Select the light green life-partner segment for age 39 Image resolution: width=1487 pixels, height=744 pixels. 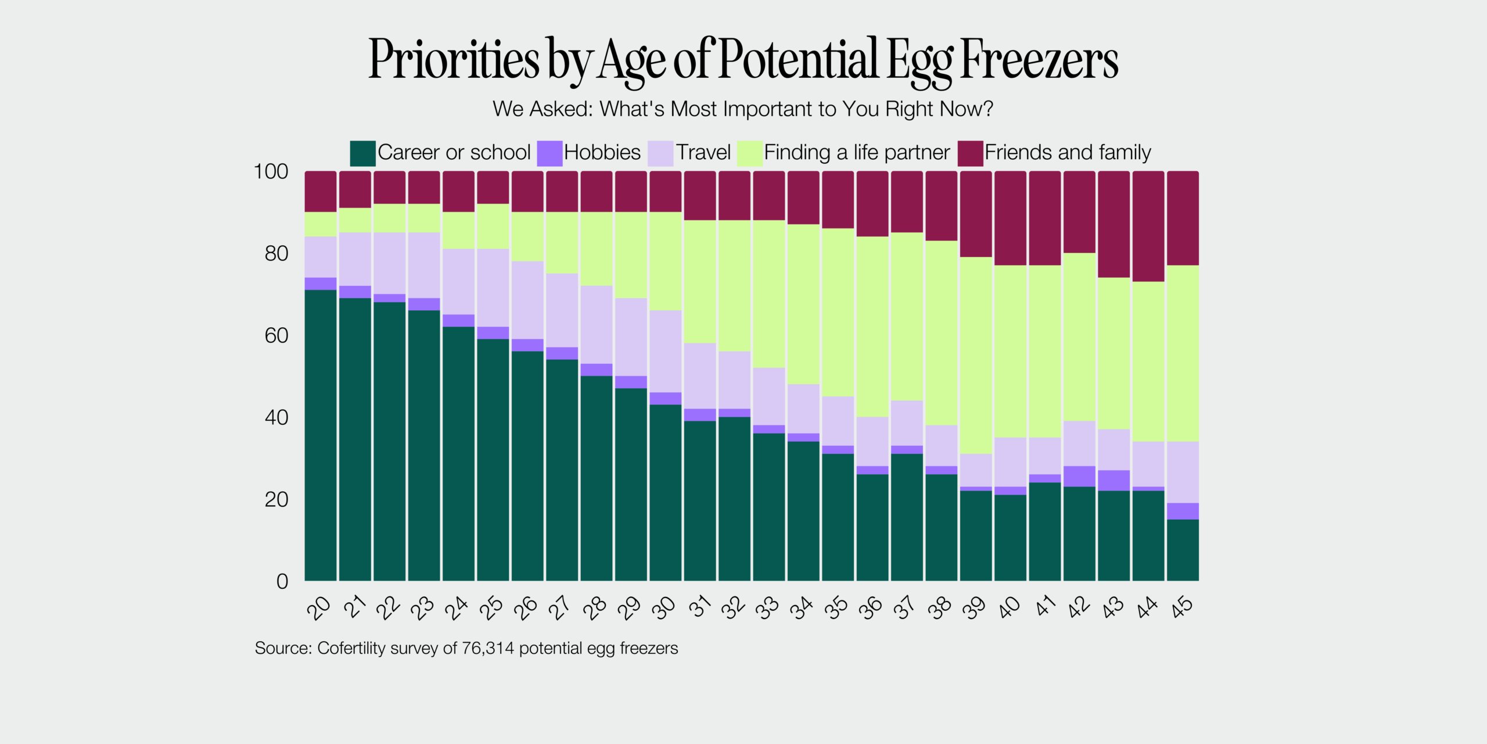(976, 355)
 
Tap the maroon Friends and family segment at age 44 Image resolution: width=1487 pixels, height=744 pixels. (1148, 226)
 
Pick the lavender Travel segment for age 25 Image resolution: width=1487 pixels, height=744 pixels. (493, 288)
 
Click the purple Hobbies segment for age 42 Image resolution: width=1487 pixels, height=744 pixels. (1079, 476)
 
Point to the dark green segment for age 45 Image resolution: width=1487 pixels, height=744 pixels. (1183, 550)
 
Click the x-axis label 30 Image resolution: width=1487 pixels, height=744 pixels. (665, 607)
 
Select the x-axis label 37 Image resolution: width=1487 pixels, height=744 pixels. (906, 608)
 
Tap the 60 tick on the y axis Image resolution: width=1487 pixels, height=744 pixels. (276, 335)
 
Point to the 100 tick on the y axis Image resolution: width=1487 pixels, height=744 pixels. (271, 171)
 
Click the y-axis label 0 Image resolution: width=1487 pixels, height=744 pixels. (282, 581)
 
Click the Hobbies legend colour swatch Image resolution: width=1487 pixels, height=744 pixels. (549, 153)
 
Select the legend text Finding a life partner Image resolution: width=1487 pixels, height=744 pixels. (857, 152)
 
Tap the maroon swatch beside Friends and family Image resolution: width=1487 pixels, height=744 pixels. (971, 153)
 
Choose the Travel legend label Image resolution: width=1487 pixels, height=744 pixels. (703, 152)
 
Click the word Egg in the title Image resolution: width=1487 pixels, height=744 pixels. (920, 60)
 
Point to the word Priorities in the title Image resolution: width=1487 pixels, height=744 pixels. (454, 59)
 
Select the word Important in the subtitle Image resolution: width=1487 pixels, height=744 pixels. (769, 109)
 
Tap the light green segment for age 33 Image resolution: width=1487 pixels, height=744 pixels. (769, 294)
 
